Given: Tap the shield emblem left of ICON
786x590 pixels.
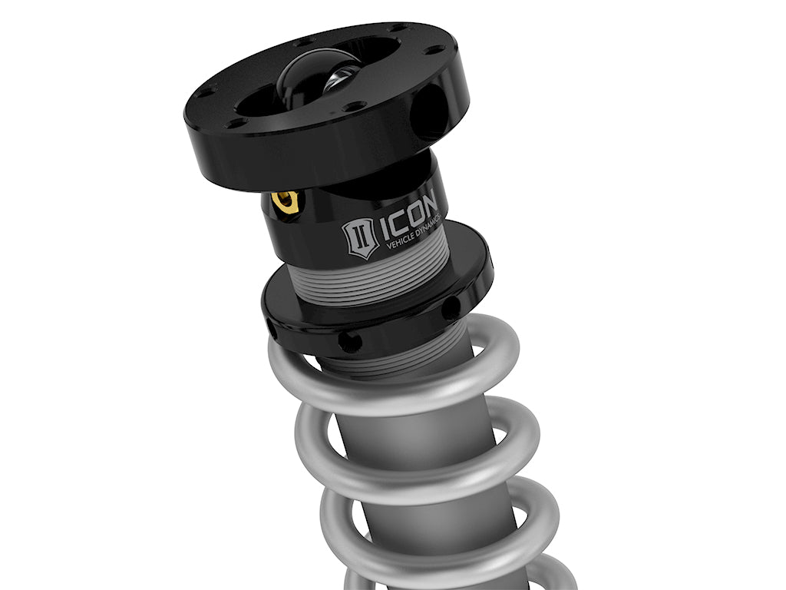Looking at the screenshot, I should tap(360, 237).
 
